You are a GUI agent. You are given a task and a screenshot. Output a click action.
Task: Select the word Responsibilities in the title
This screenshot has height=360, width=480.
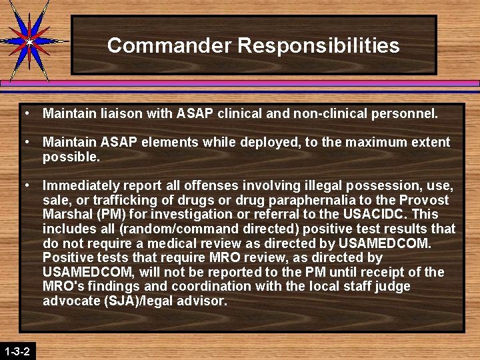pyautogui.click(x=319, y=45)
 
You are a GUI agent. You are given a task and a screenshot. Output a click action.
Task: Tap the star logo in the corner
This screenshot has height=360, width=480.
pyautogui.click(x=29, y=41)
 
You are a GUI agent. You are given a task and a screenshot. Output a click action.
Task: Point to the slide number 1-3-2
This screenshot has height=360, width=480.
pyautogui.click(x=16, y=351)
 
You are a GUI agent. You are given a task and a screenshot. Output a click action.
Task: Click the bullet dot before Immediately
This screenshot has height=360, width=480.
pyautogui.click(x=25, y=185)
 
